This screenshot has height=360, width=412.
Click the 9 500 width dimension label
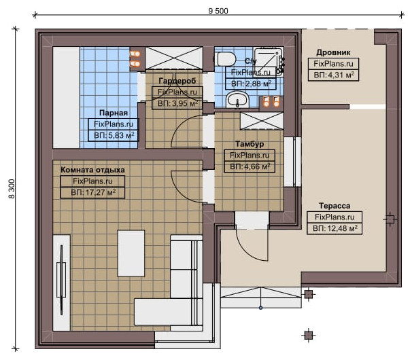[x=218, y=11]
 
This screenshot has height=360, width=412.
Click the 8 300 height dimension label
[x=12, y=189]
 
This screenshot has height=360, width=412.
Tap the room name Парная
[x=114, y=113]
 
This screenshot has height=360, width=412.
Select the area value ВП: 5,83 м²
[x=114, y=135]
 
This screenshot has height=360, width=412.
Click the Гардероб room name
[x=177, y=81]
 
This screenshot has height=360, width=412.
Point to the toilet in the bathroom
[x=224, y=59]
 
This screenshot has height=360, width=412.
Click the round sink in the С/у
[x=237, y=100]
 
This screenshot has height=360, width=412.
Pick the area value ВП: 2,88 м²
[x=251, y=84]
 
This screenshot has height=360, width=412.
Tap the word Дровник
[x=333, y=52]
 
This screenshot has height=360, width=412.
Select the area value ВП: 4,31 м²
[x=334, y=75]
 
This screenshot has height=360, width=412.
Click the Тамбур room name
[x=250, y=144]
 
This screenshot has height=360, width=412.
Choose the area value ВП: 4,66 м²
[x=250, y=166]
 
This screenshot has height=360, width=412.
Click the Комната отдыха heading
[x=92, y=170]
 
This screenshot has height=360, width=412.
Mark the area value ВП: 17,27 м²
[x=93, y=192]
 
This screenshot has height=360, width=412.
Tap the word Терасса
[x=334, y=206]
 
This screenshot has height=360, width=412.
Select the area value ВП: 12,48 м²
[x=334, y=228]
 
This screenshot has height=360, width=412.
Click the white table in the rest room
[x=131, y=253]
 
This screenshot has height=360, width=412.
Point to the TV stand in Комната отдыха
[x=61, y=283]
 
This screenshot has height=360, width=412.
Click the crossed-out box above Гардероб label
[x=174, y=58]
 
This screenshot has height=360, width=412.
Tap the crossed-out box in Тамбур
[x=262, y=121]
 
